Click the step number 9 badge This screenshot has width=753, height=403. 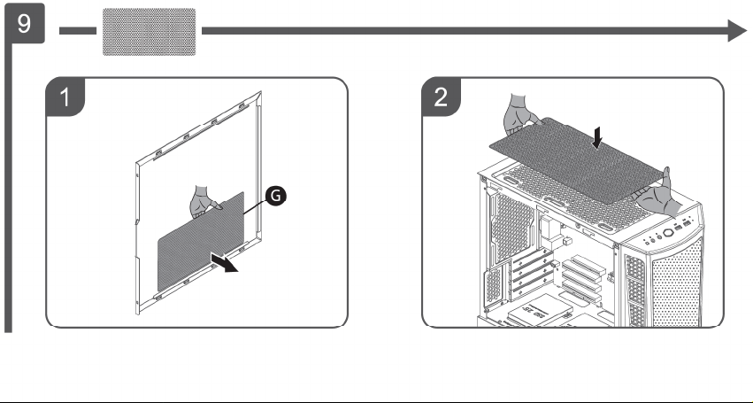tap(24, 23)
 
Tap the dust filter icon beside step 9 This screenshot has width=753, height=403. tap(150, 32)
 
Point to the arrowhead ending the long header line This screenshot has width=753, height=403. tap(738, 31)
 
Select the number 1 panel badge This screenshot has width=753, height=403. tap(65, 97)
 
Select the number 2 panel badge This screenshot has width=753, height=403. tap(441, 97)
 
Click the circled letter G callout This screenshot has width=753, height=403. tap(276, 196)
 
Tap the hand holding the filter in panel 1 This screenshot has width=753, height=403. tap(204, 202)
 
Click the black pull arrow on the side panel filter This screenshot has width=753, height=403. tap(224, 262)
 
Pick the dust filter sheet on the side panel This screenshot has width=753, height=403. tap(201, 242)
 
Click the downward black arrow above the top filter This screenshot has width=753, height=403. tap(597, 137)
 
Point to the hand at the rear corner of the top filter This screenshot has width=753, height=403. tap(521, 115)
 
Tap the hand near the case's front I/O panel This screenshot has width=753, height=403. tap(660, 194)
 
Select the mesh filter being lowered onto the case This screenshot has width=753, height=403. tap(576, 159)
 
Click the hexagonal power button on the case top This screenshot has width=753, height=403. tap(668, 233)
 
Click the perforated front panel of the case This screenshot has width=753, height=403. tap(676, 283)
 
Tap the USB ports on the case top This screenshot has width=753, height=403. tap(682, 225)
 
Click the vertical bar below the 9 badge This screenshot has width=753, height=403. tap(8, 188)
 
